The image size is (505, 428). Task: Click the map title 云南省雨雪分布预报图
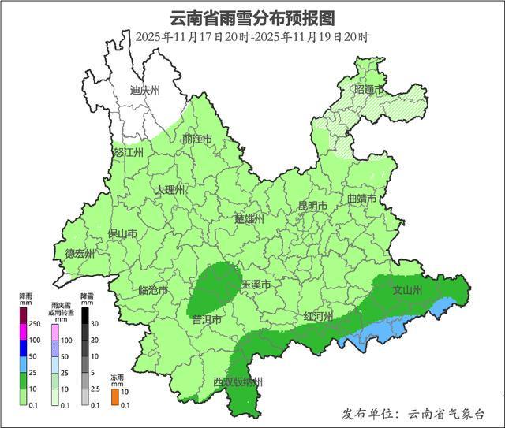click(x=252, y=17)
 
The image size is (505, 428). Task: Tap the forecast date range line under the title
click(x=252, y=36)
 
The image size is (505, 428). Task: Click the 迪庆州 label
click(x=144, y=91)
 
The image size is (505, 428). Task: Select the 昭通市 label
click(x=368, y=91)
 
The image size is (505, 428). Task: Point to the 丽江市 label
click(x=196, y=140)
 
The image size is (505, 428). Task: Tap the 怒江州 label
click(x=128, y=152)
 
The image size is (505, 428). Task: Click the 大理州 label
click(x=169, y=191)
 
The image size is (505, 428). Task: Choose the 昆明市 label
click(x=312, y=206)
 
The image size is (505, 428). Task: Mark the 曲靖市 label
click(x=361, y=199)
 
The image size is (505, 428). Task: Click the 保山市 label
click(x=122, y=234)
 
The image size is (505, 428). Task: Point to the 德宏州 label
click(x=80, y=254)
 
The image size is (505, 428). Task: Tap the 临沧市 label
click(x=152, y=290)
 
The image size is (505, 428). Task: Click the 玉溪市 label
click(x=256, y=284)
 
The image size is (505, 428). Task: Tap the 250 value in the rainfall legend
click(x=34, y=323)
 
